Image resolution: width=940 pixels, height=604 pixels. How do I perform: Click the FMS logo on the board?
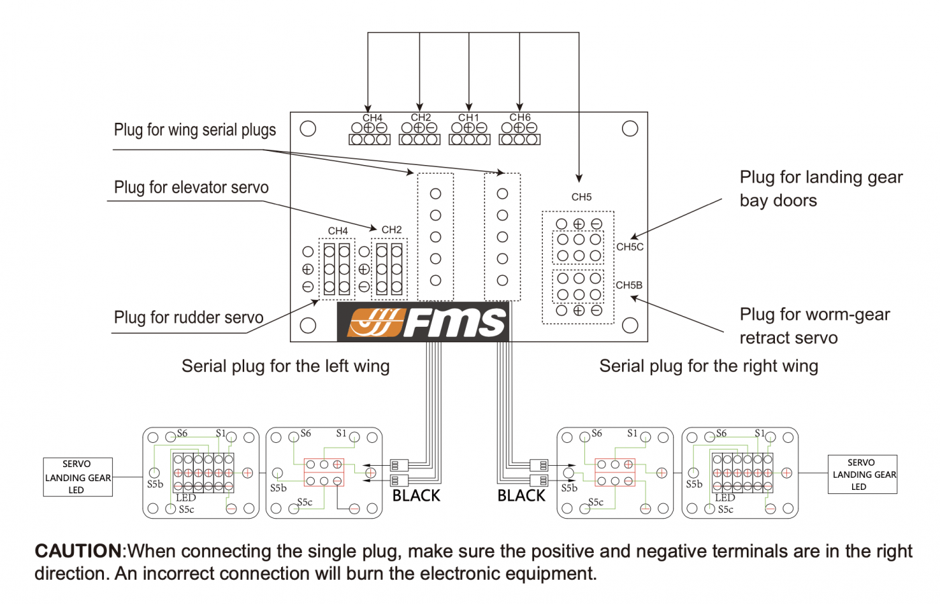pyautogui.click(x=423, y=322)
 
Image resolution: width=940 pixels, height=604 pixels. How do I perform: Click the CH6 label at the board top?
pyautogui.click(x=520, y=117)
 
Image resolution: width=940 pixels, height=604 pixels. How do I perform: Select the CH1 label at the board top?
pyautogui.click(x=468, y=117)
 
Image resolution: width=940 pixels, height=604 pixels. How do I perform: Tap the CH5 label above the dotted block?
pyautogui.click(x=581, y=197)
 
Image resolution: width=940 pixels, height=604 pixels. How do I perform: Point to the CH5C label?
pyautogui.click(x=629, y=247)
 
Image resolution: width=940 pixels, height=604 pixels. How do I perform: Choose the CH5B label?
pyautogui.click(x=629, y=285)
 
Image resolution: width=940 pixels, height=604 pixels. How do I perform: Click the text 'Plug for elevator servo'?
pyautogui.click(x=191, y=187)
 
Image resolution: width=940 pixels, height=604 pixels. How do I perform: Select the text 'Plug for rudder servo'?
pyautogui.click(x=189, y=317)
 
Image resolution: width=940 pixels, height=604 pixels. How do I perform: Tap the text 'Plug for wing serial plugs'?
pyautogui.click(x=195, y=130)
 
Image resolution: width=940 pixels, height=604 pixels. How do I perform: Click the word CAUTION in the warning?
pyautogui.click(x=78, y=551)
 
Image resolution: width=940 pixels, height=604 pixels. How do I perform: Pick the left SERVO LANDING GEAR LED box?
pyautogui.click(x=78, y=476)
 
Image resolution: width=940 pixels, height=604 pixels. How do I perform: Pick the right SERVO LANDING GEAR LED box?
pyautogui.click(x=862, y=474)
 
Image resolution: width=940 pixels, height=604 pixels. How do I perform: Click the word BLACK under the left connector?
pyautogui.click(x=416, y=496)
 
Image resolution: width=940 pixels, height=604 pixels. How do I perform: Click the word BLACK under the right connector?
pyautogui.click(x=521, y=496)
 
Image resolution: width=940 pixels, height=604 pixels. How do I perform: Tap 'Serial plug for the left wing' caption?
pyautogui.click(x=286, y=366)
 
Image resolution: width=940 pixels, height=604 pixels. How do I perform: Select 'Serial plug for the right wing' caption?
pyautogui.click(x=709, y=366)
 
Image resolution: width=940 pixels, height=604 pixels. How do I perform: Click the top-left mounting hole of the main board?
pyautogui.click(x=307, y=128)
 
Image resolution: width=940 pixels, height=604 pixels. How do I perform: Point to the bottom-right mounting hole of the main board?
pyautogui.click(x=630, y=325)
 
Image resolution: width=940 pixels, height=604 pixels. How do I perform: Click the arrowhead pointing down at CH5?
pyautogui.click(x=579, y=178)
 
